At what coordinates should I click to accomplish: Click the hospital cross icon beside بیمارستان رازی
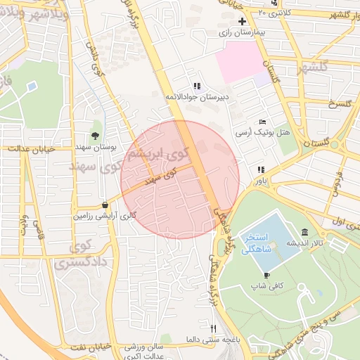click(x=243, y=22)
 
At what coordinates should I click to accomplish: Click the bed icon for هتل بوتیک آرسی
click(x=262, y=122)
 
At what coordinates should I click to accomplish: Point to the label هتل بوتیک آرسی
click(x=257, y=133)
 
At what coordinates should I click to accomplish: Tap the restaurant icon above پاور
click(x=261, y=169)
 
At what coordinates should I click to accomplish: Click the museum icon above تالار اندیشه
click(x=304, y=232)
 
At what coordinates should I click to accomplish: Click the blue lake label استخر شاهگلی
click(x=259, y=243)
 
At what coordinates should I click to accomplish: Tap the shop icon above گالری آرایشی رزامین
click(x=105, y=205)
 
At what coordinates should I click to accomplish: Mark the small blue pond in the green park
click(x=32, y=86)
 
